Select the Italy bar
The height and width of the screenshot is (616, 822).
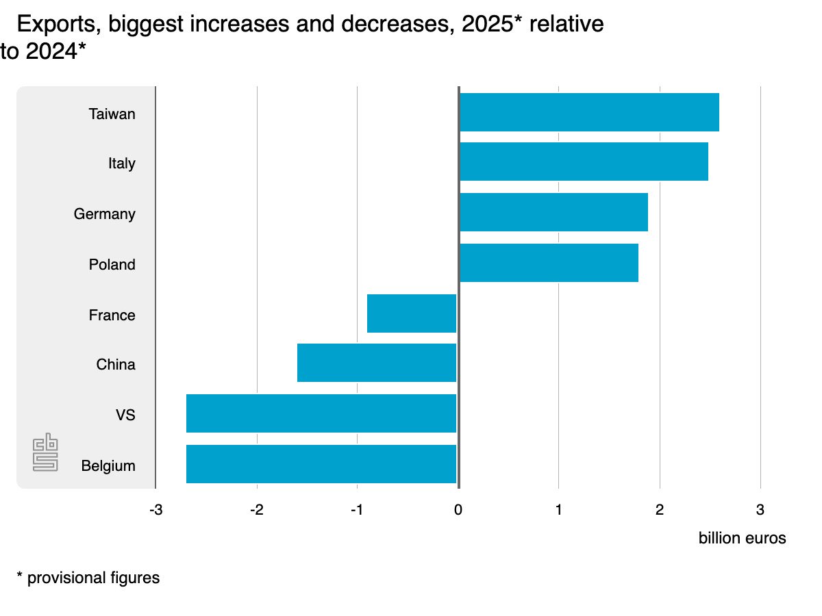583,162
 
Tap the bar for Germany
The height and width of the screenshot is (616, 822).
553,212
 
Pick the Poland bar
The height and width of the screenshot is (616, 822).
548,263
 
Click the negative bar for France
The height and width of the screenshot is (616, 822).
412,313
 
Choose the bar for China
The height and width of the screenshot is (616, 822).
377,363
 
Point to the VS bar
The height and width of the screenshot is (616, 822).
321,413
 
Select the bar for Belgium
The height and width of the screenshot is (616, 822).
321,464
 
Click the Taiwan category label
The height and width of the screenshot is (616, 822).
112,114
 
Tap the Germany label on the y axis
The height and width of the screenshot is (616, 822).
104,214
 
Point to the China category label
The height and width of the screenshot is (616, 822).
115,365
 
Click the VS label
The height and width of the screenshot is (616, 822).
125,415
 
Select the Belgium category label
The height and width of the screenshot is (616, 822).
108,466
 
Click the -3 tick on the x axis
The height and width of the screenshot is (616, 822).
155,510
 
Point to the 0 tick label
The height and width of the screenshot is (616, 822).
458,510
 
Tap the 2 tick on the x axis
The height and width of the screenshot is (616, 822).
659,510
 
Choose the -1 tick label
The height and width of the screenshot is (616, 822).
356,510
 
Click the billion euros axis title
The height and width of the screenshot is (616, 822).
742,538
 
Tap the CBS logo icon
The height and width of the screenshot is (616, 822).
46,452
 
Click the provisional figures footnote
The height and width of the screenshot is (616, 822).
88,578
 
